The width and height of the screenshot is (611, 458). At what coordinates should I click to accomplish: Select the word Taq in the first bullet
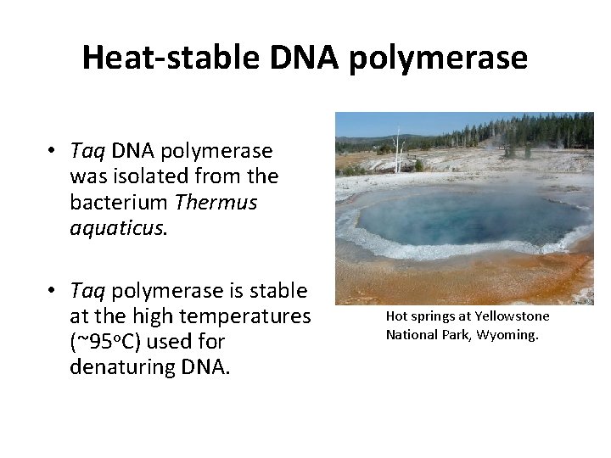pos(87,151)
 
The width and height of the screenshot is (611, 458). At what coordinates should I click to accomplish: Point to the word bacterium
pos(120,203)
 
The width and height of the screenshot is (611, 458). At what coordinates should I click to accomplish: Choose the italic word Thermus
pos(216,203)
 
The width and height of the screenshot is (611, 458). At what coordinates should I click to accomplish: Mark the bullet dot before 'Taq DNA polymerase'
pos(52,151)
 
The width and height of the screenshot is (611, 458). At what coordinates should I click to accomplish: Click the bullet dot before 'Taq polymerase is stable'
pos(52,291)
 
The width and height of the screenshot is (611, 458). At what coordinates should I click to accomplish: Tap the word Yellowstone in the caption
pos(512,316)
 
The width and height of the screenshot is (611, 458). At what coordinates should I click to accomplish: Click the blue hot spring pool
pos(471,217)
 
